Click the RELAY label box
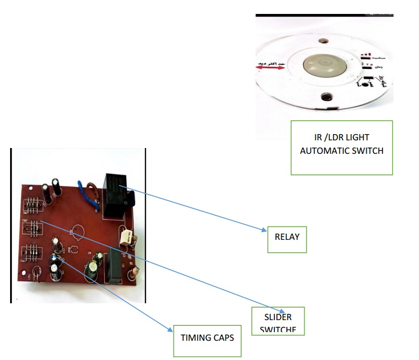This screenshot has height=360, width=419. point(287,236)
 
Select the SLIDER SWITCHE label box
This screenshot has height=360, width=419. point(278,321)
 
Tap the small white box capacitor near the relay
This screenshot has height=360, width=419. point(126,236)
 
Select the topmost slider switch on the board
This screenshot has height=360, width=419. point(31,206)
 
